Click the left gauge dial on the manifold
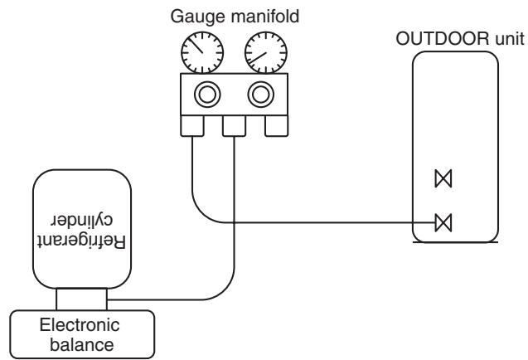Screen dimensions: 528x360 [x=202, y=52]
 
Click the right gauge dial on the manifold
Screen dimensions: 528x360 [x=266, y=52]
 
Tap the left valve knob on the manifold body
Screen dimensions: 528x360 [x=207, y=95]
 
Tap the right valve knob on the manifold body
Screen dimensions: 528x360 [x=260, y=95]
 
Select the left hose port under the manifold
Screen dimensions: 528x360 [x=192, y=126]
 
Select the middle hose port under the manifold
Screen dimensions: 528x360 [x=234, y=126]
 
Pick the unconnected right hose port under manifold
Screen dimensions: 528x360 [x=277, y=126]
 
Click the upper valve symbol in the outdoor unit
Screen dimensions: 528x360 [x=443, y=178]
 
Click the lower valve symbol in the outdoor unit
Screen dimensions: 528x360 [x=443, y=223]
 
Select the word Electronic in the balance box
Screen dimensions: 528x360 [x=80, y=325]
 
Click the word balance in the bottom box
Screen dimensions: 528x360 [x=82, y=345]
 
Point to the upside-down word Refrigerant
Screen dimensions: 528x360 [x=81, y=241]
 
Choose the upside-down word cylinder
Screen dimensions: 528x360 [x=82, y=220]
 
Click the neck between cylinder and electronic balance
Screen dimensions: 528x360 [x=81, y=299]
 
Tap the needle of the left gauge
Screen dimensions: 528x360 [x=196, y=46]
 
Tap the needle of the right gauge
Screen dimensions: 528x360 [x=259, y=57]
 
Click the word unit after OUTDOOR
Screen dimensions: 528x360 [x=510, y=39]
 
